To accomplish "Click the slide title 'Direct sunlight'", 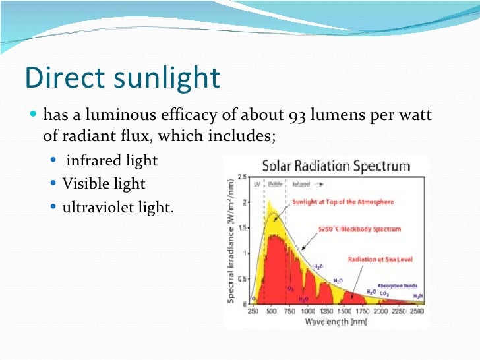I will pyautogui.click(x=122, y=77).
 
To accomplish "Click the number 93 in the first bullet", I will pyautogui.click(x=297, y=116).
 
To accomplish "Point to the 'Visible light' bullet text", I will pyautogui.click(x=104, y=183).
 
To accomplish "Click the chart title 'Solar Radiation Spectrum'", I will pyautogui.click(x=336, y=165).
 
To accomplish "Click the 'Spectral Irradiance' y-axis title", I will pyautogui.click(x=232, y=243).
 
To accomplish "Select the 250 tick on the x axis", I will pyautogui.click(x=253, y=311).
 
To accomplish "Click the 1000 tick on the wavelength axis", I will pyautogui.click(x=308, y=311).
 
